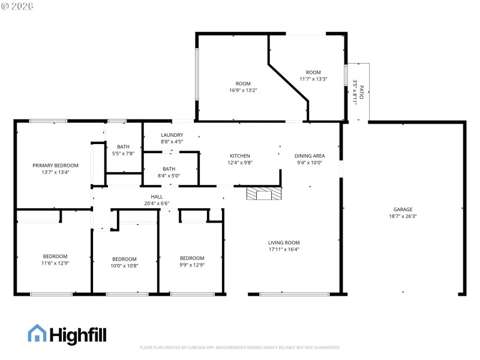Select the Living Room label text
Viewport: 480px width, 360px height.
click(x=283, y=246)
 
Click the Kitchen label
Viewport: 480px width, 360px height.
click(x=239, y=159)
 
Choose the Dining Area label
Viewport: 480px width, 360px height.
click(x=310, y=159)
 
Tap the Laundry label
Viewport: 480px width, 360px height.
click(x=172, y=138)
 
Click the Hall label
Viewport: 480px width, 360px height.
click(x=157, y=200)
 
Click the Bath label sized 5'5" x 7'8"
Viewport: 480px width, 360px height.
click(x=123, y=150)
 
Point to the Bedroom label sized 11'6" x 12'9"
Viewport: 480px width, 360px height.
click(x=55, y=259)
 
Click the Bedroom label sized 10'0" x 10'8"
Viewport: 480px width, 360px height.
click(x=124, y=262)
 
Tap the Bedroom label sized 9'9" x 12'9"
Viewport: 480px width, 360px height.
click(x=192, y=261)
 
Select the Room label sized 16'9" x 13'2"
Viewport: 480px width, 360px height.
click(x=243, y=87)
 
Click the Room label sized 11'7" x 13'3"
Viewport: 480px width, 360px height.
click(x=313, y=76)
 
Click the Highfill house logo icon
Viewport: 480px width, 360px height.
click(x=37, y=334)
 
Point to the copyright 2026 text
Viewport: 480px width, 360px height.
click(x=18, y=5)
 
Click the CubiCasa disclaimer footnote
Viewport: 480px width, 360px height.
click(x=240, y=347)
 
